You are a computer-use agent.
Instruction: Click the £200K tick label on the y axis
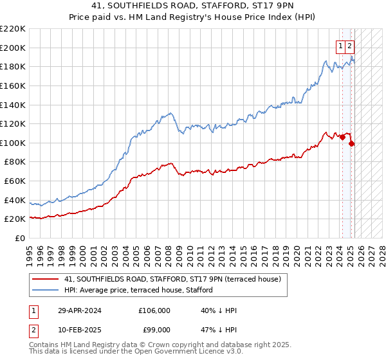coord(13,48)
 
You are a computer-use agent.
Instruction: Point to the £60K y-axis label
coord(15,181)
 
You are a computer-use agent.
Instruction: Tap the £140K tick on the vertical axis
coord(13,105)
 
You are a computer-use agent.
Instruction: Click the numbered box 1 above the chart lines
coord(340,46)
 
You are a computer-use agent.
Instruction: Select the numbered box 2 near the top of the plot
coord(349,46)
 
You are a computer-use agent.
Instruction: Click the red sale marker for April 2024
coord(343,137)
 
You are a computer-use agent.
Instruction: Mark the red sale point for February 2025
coord(352,143)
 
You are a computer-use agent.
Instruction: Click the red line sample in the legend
coord(46,280)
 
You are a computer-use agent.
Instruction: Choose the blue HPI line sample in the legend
coord(46,289)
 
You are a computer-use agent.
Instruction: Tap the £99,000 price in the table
coord(154,329)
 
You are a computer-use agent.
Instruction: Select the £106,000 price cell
coord(154,310)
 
